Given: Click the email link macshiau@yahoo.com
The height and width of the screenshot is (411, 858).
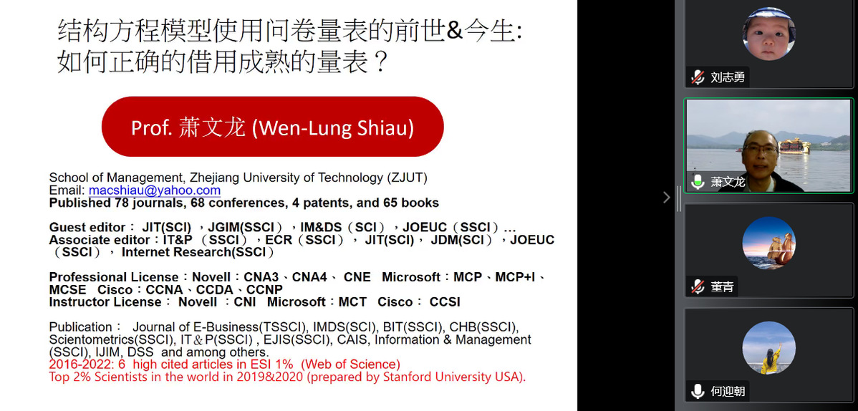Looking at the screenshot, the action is (x=154, y=190).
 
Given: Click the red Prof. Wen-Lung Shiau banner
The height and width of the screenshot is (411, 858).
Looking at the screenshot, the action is (x=272, y=127).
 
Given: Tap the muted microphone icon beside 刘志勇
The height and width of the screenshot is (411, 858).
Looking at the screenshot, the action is (x=697, y=77).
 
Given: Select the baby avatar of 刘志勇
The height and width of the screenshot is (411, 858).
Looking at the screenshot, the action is (x=768, y=34).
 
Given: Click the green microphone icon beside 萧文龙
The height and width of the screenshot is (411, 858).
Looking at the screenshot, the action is (x=697, y=182).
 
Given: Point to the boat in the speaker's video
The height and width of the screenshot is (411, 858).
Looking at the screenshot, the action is (x=794, y=145).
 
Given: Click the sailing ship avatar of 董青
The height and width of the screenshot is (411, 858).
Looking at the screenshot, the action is (x=768, y=243).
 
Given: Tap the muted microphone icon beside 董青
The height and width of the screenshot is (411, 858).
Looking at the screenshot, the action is (x=697, y=286).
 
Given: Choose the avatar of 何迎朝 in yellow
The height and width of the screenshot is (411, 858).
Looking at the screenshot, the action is (x=768, y=348).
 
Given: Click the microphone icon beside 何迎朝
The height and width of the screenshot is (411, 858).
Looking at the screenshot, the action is (x=697, y=391).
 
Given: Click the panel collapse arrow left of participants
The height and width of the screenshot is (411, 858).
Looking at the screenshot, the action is (x=666, y=197).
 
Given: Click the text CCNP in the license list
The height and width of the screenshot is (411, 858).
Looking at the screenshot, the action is (x=264, y=289).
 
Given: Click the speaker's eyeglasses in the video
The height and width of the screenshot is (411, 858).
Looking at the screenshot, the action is (x=760, y=148).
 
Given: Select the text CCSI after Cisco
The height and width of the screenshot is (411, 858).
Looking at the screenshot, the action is (x=445, y=302).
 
